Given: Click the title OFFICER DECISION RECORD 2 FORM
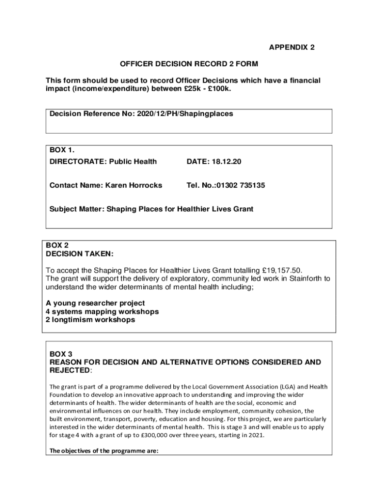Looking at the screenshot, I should [189, 64].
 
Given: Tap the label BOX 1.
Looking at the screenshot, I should [61, 149].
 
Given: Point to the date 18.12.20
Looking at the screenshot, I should [228, 162].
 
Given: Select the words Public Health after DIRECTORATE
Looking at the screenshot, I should [133, 162].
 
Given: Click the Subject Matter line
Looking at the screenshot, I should [151, 209].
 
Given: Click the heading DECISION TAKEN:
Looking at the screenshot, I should [80, 254].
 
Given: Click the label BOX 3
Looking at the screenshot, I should [61, 354].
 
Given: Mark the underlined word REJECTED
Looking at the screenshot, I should [70, 370].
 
